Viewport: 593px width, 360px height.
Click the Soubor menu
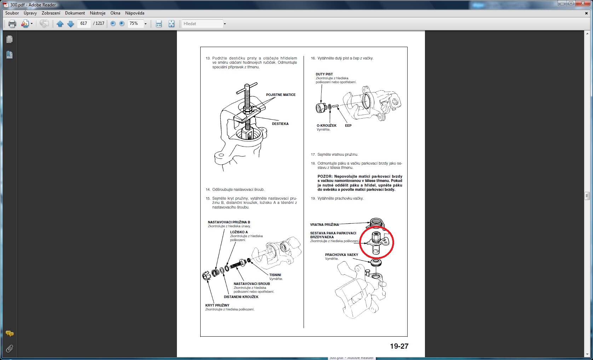point(12,13)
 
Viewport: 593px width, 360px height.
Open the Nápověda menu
point(134,13)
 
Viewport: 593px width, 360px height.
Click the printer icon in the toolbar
point(12,24)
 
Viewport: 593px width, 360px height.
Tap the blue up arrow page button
point(60,24)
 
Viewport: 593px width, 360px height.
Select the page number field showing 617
point(84,24)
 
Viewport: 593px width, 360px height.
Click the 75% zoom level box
point(136,24)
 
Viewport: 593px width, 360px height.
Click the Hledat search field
point(202,24)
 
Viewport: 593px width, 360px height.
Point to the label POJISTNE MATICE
point(281,95)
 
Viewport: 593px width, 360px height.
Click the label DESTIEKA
point(280,124)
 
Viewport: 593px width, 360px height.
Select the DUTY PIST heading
point(324,74)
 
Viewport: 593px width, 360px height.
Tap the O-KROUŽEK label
point(327,126)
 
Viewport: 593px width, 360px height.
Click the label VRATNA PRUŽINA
point(324,225)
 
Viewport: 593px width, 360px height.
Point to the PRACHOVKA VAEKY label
point(341,255)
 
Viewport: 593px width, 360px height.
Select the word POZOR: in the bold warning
point(325,176)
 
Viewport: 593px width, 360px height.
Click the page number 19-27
point(399,346)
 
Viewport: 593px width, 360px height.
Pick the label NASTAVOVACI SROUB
point(252,284)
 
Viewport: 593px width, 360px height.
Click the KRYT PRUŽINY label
point(217,305)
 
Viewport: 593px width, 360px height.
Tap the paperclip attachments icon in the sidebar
point(10,349)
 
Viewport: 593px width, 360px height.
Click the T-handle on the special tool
point(247,87)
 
